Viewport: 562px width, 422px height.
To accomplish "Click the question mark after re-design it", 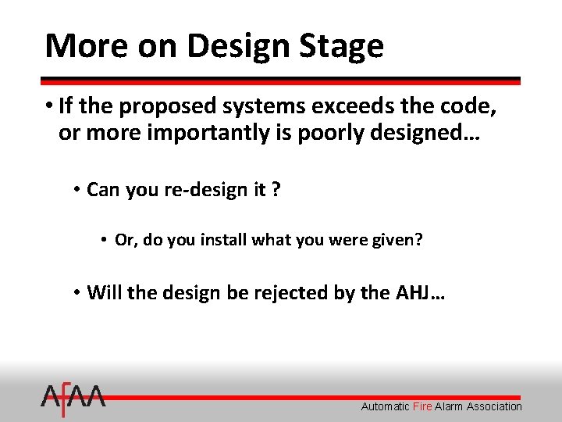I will coord(276,190).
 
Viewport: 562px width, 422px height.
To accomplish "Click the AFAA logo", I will coord(73,399).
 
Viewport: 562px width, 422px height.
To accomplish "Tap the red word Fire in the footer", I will coord(422,406).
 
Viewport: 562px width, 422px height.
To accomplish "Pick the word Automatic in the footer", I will coord(385,406).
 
